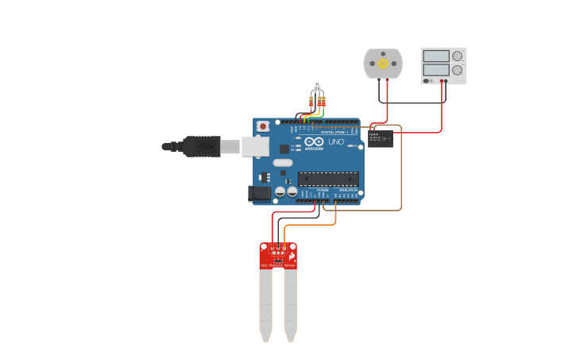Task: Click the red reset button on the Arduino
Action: click(263, 126)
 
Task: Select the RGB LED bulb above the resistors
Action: click(316, 84)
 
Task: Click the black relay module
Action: click(380, 139)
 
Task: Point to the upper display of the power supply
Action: click(436, 56)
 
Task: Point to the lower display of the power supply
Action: click(436, 70)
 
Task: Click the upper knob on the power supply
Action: click(457, 56)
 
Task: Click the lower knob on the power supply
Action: click(457, 70)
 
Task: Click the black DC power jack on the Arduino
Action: click(259, 193)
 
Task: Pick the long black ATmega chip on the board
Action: click(327, 179)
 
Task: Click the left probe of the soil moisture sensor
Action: click(265, 306)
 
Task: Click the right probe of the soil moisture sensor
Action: click(291, 306)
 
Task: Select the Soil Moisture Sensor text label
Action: click(278, 265)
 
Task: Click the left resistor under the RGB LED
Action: click(311, 101)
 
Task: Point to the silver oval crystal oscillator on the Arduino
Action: click(283, 163)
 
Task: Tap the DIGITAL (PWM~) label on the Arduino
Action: click(334, 131)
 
